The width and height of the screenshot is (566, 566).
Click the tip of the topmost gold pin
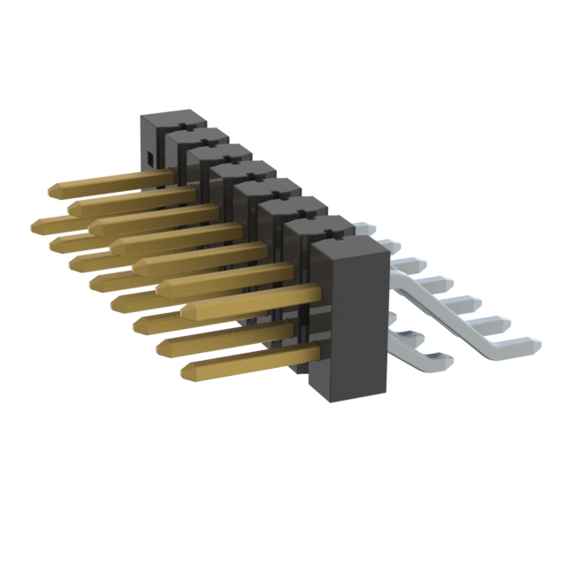[x=50, y=190]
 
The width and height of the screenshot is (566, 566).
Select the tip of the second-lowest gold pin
[x=163, y=347]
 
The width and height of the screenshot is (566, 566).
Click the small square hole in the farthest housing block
[x=150, y=158]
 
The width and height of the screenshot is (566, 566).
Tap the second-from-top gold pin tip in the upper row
[x=72, y=207]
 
